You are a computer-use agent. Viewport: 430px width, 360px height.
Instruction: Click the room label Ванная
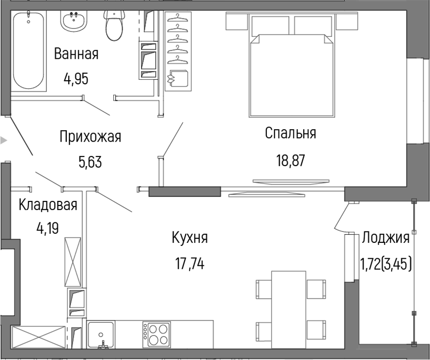coord(76,54)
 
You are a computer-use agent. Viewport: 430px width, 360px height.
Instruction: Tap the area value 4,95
coord(76,79)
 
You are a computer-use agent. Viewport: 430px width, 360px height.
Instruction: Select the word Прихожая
coord(90,137)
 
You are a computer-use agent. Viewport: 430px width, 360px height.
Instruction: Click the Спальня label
coord(290,133)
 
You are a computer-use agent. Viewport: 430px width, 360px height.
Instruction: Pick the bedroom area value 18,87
coord(290,160)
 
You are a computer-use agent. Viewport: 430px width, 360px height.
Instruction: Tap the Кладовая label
coord(48,204)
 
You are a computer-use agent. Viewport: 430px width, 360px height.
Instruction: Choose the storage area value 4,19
coord(48,228)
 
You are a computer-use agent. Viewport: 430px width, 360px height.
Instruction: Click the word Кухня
coord(190,238)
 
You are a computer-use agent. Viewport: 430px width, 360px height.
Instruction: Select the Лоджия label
coord(386,238)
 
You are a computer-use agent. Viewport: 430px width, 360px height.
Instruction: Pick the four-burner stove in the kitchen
coord(157,333)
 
